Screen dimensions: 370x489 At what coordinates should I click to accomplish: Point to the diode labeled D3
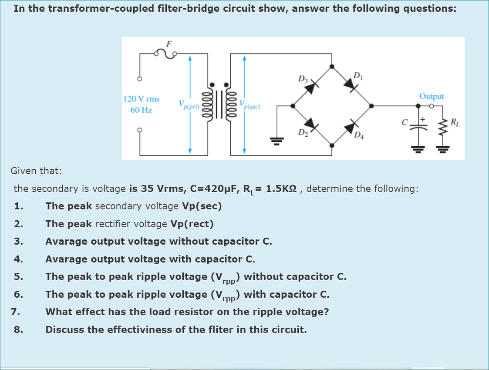point(311,87)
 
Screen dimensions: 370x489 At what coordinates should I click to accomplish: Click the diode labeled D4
point(351,127)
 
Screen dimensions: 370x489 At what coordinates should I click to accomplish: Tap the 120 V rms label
point(142,99)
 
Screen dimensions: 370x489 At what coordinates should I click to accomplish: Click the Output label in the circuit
point(432,96)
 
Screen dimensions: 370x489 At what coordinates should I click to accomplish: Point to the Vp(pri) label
point(188,104)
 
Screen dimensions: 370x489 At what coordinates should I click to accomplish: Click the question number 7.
point(15,312)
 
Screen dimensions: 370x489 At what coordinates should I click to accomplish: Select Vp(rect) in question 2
point(192,224)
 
